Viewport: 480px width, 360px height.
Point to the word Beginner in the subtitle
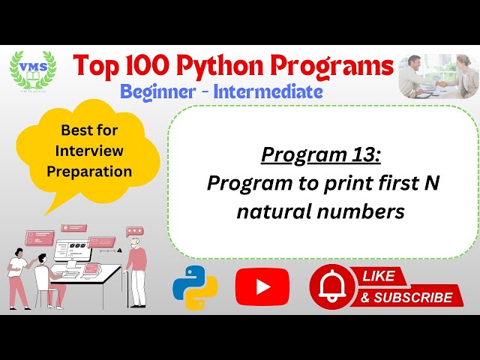tap(158, 92)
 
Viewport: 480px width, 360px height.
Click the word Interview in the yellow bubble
tap(88, 151)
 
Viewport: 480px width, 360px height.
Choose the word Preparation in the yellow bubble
tap(89, 171)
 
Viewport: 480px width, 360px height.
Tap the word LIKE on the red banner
tap(379, 276)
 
